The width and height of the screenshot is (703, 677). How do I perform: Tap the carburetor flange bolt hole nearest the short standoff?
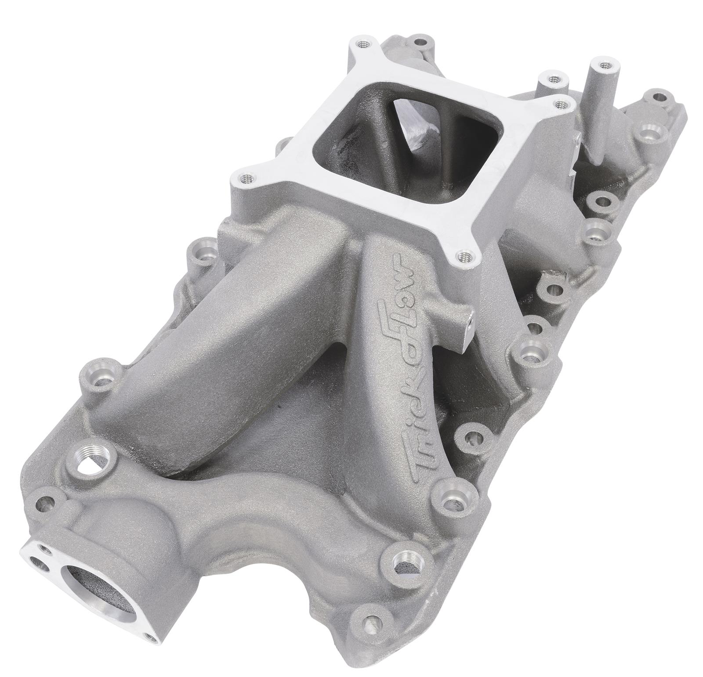click(x=559, y=105)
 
